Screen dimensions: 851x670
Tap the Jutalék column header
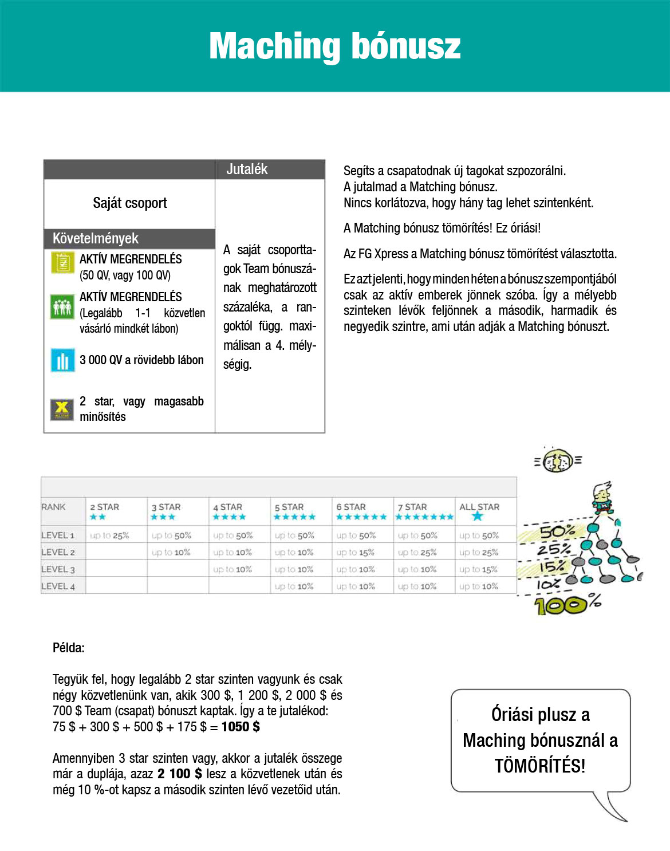tap(247, 169)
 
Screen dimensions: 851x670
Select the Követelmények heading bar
tap(96, 238)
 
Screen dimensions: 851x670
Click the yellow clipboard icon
tap(62, 263)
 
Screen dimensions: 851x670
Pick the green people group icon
tap(62, 306)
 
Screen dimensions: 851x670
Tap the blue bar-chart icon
tap(62, 360)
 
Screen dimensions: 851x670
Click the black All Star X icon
tap(62, 409)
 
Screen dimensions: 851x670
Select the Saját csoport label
tap(130, 203)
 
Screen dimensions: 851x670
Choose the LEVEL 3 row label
tap(58, 569)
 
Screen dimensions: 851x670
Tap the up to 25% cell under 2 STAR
tap(109, 535)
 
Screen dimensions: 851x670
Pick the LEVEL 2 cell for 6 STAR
tap(355, 553)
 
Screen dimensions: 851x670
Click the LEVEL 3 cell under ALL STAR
tap(478, 569)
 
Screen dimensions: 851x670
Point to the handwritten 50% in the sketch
tap(557, 531)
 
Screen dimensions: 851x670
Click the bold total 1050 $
tap(241, 727)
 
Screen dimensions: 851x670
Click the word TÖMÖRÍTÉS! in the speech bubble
tap(540, 766)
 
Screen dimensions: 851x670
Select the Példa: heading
tap(69, 648)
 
